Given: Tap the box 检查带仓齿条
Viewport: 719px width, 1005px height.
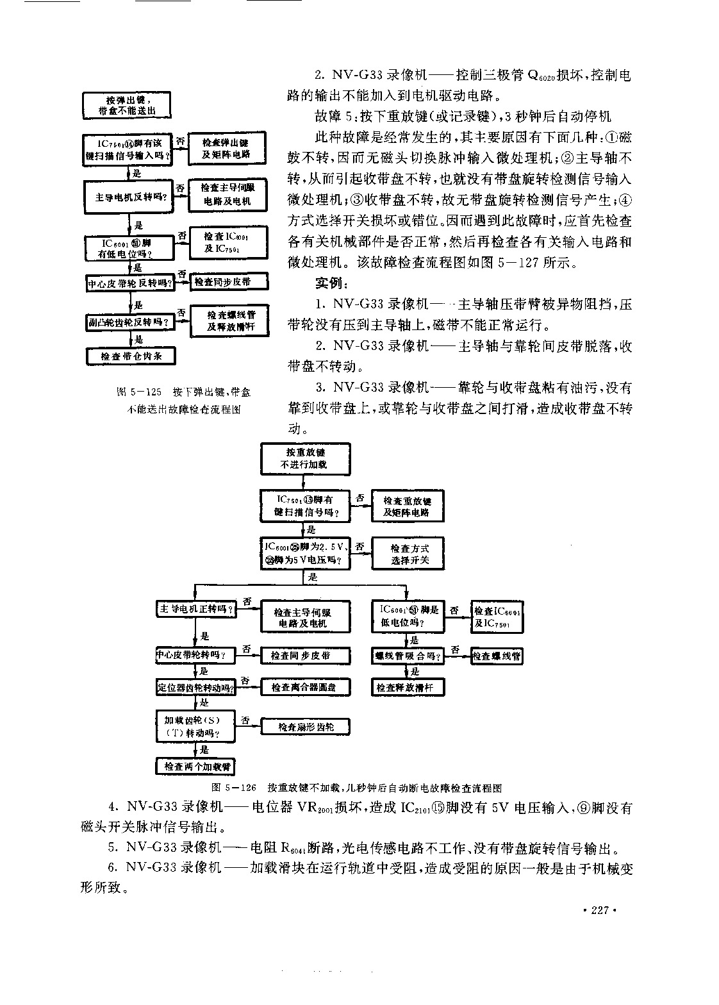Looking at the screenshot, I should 131,356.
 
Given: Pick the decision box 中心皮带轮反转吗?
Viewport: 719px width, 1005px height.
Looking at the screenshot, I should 129,282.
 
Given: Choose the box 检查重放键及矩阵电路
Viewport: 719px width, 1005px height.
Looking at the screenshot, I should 407,506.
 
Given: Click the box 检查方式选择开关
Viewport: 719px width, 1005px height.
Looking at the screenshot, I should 409,554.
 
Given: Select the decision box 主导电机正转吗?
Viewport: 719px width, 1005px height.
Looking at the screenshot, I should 196,609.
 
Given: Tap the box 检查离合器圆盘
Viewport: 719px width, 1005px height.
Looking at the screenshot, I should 306,687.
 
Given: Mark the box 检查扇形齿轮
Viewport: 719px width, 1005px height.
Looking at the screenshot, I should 306,726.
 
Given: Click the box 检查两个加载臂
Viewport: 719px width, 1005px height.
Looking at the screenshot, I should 196,766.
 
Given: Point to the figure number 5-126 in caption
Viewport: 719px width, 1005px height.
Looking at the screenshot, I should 241,788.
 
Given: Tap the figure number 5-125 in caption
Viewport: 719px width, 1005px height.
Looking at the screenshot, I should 145,392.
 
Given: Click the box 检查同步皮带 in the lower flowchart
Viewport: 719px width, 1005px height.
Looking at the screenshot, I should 306,656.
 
